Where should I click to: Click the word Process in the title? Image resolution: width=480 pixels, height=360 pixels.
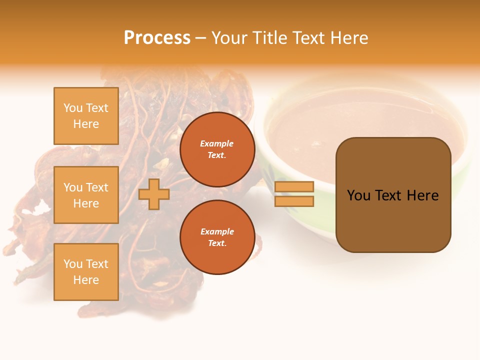point(157,38)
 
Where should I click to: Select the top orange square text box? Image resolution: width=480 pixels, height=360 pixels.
point(86,116)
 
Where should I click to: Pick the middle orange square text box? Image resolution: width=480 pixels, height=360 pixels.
point(86,195)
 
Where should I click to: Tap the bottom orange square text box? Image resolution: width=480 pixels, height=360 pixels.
point(86,272)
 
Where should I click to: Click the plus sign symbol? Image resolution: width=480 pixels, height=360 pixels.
point(154,194)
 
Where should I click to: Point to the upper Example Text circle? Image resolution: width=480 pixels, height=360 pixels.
point(217,149)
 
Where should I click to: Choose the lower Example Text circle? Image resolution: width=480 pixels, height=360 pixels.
point(217,237)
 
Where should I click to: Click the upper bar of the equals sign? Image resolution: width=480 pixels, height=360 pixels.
point(294,187)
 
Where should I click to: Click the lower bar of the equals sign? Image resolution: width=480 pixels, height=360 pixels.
point(294,201)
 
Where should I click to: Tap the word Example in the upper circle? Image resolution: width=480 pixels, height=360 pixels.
point(217,143)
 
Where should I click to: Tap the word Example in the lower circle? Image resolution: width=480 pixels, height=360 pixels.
point(217,231)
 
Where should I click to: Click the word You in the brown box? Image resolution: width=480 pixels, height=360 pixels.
point(358,195)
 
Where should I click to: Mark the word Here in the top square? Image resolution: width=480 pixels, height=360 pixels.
point(86,124)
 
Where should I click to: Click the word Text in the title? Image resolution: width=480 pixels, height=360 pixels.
point(308,38)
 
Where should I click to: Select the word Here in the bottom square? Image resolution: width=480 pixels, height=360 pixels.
point(86,280)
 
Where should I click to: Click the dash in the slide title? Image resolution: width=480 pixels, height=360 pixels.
point(201,38)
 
